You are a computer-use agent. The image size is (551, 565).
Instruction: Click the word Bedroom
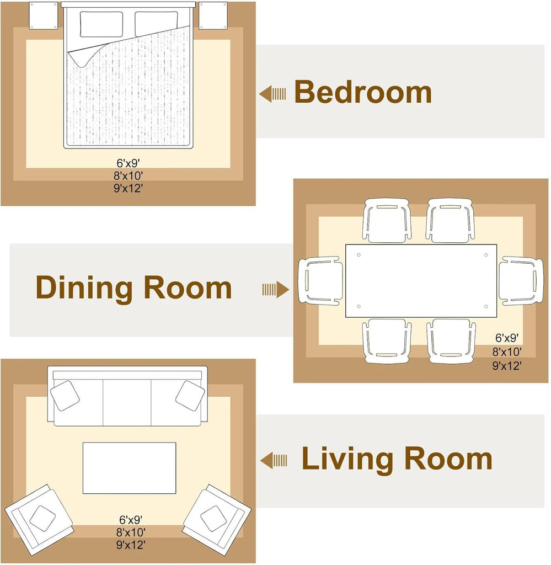pyautogui.click(x=363, y=92)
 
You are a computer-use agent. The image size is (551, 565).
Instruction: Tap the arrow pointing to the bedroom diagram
pyautogui.click(x=272, y=94)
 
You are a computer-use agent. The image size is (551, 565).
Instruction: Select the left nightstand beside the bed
pyautogui.click(x=43, y=15)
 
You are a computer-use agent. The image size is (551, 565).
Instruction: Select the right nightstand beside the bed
pyautogui.click(x=213, y=15)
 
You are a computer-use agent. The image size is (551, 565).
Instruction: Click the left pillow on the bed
pyautogui.click(x=101, y=24)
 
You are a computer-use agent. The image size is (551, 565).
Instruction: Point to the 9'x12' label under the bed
pyautogui.click(x=129, y=188)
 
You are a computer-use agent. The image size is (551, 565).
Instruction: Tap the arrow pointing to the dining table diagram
pyautogui.click(x=276, y=290)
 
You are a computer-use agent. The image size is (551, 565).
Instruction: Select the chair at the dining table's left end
pyautogui.click(x=320, y=281)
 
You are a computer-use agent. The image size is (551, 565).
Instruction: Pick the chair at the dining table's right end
pyautogui.click(x=521, y=281)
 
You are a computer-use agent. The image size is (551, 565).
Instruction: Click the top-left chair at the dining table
pyautogui.click(x=387, y=221)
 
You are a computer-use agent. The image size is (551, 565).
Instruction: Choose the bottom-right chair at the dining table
pyautogui.click(x=451, y=341)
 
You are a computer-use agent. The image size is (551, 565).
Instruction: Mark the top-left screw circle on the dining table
pyautogui.click(x=359, y=255)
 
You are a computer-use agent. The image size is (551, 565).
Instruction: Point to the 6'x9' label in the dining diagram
pyautogui.click(x=507, y=338)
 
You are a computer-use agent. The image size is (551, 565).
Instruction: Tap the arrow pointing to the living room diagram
pyautogui.click(x=274, y=461)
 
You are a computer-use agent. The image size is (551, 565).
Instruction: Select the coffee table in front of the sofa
pyautogui.click(x=129, y=468)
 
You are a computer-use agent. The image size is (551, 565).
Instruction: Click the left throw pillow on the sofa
pyautogui.click(x=65, y=396)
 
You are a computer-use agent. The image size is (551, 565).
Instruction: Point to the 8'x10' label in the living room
pyautogui.click(x=131, y=532)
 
